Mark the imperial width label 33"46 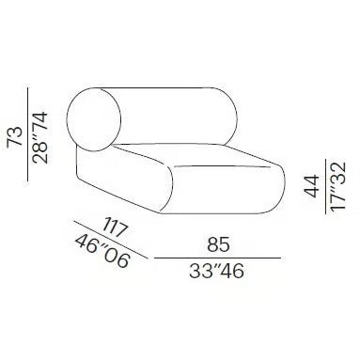pos(218,274)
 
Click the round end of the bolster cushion pos(95,118)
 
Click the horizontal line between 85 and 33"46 pos(218,258)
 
